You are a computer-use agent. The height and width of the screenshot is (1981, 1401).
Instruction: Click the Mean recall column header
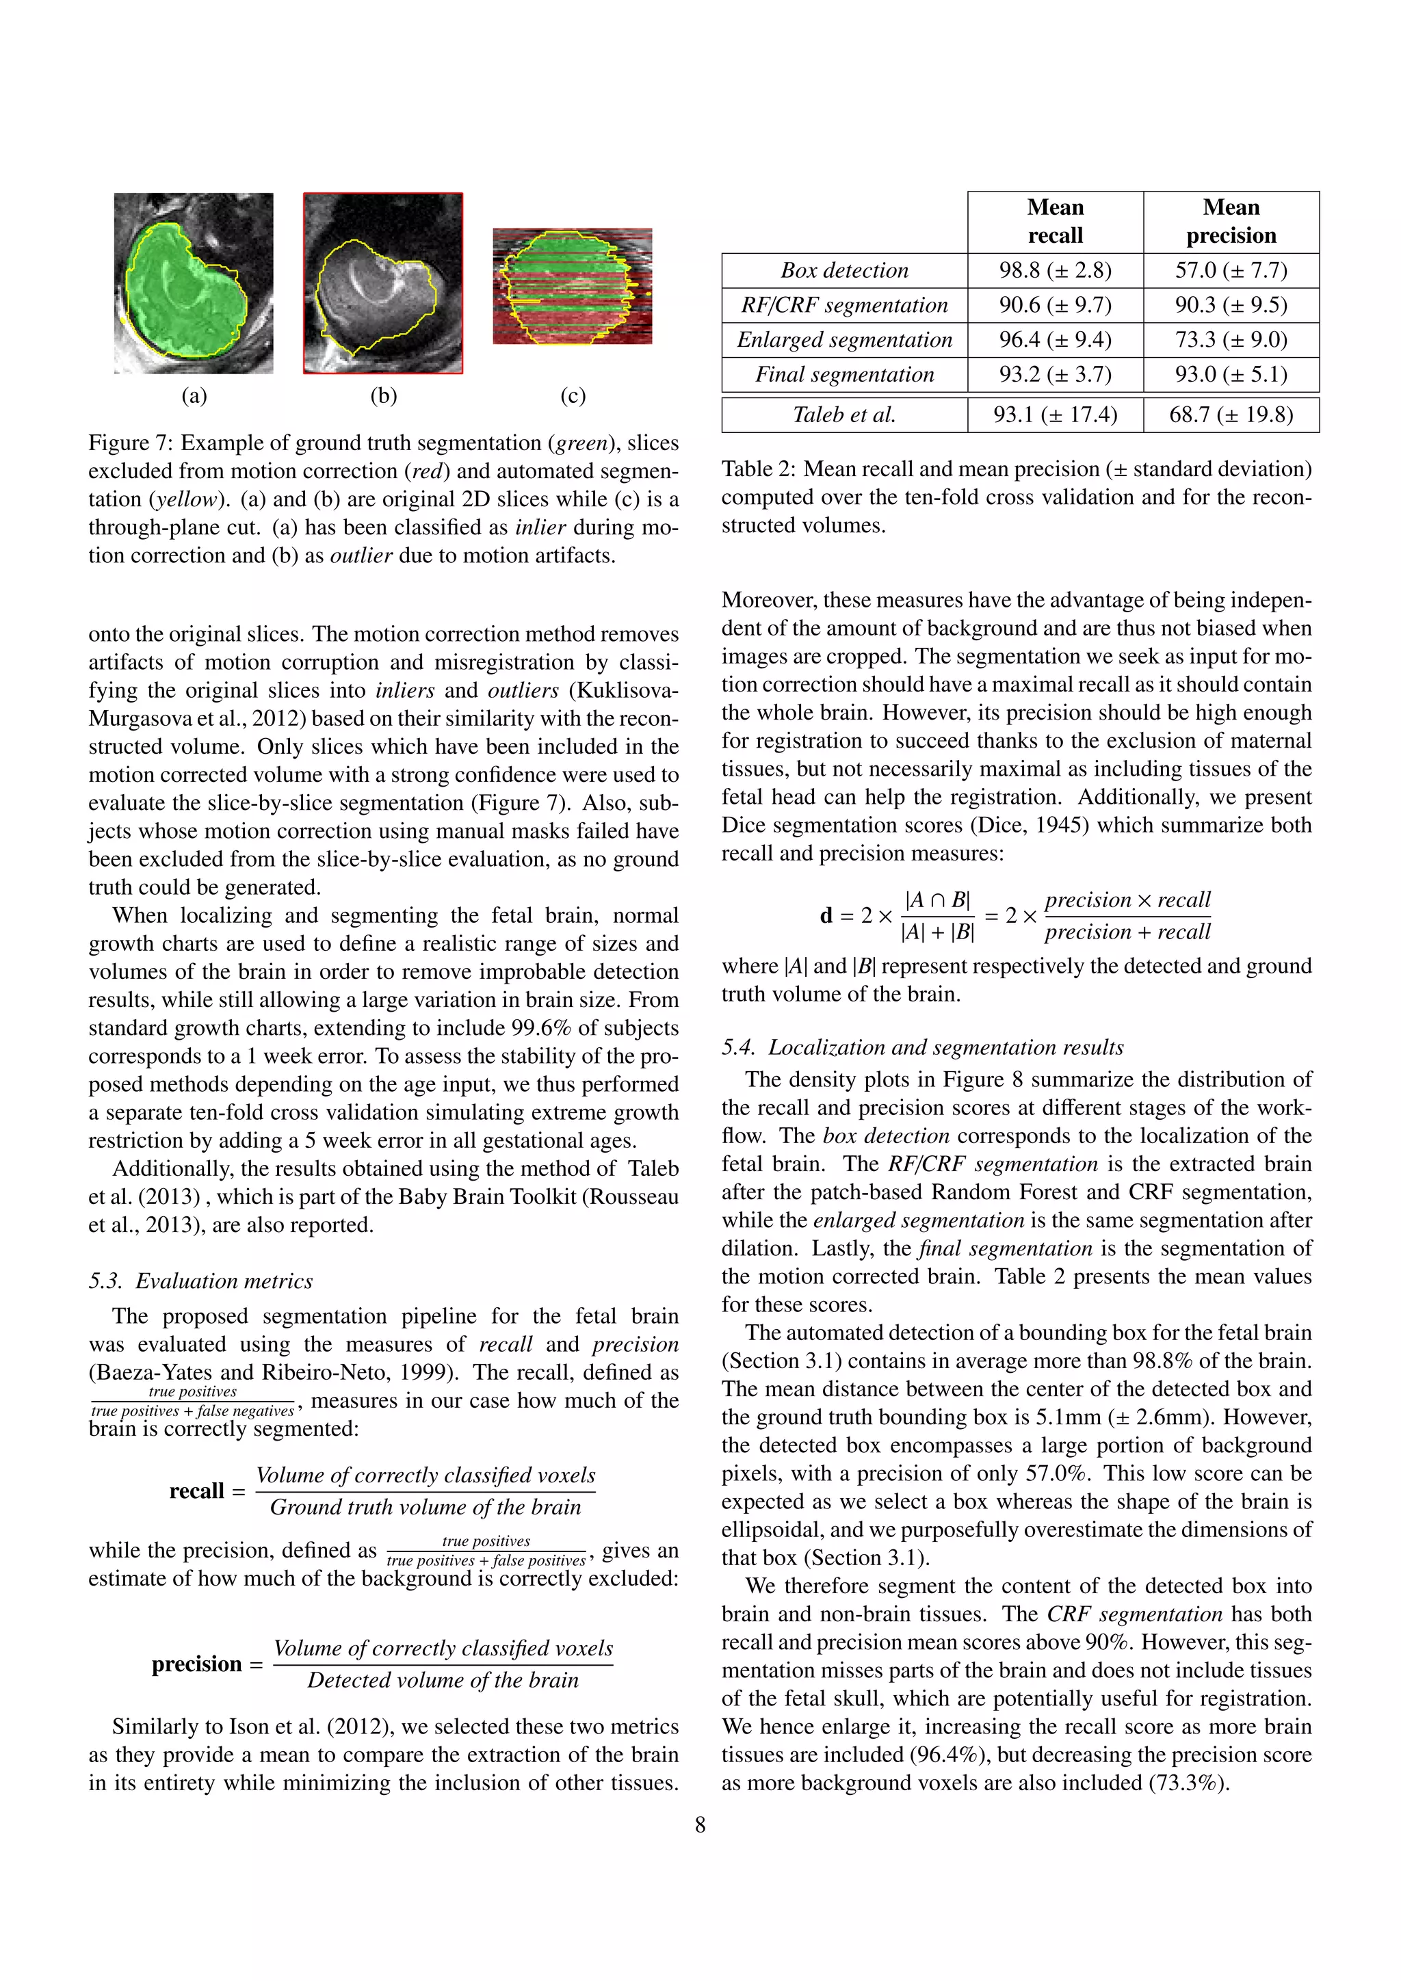(x=1055, y=222)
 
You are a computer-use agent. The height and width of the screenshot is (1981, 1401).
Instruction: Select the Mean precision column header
(x=1231, y=222)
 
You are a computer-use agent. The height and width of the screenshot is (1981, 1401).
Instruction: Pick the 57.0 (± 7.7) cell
(x=1231, y=271)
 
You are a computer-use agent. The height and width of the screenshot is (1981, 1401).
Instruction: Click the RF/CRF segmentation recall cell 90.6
(x=1055, y=306)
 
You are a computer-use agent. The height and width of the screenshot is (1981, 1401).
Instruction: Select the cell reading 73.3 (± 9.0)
(x=1231, y=340)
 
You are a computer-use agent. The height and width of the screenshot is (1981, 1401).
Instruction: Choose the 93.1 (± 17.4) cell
(x=1055, y=415)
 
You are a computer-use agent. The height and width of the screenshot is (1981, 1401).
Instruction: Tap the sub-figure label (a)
(x=194, y=396)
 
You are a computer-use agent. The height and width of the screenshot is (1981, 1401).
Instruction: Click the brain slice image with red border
(x=383, y=283)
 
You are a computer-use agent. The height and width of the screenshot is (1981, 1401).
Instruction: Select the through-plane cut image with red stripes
(x=572, y=287)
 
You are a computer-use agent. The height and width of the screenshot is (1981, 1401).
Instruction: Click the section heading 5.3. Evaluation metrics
(x=200, y=1281)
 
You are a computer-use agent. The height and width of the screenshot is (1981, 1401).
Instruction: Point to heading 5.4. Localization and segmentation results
(x=922, y=1047)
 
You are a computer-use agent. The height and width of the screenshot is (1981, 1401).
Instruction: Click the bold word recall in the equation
(x=197, y=1492)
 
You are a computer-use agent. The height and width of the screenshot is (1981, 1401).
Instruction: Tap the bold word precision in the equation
(x=197, y=1664)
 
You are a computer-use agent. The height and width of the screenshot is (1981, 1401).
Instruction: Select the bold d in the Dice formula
(x=826, y=917)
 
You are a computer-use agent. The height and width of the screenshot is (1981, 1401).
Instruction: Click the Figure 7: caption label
(x=129, y=443)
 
